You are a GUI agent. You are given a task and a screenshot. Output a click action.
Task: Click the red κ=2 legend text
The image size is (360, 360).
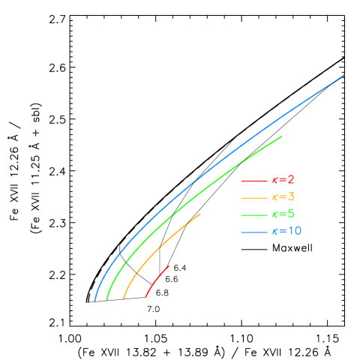(x=283, y=181)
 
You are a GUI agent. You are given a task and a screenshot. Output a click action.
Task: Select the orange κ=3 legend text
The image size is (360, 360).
(x=283, y=198)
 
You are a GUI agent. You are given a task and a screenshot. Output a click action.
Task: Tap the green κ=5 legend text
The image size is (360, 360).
(x=283, y=214)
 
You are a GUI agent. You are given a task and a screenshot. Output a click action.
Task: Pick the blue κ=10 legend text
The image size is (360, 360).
(x=286, y=232)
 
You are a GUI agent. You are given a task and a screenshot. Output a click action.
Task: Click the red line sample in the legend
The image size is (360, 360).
(x=254, y=181)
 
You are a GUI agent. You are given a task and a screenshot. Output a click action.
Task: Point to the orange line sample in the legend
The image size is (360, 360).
(x=254, y=198)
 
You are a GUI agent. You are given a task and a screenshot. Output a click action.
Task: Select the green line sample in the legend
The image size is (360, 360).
(x=254, y=215)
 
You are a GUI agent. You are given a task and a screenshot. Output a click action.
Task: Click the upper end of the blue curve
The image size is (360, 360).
(x=344, y=76)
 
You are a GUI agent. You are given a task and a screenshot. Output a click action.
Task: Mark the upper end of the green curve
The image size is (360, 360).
(x=282, y=136)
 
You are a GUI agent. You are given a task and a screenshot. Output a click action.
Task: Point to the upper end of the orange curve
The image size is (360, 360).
(x=200, y=214)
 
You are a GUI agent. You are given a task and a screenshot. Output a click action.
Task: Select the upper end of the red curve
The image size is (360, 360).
(x=169, y=265)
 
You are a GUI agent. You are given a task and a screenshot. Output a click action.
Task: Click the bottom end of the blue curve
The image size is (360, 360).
(x=95, y=300)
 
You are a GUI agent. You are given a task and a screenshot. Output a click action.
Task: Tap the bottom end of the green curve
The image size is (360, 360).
(x=107, y=299)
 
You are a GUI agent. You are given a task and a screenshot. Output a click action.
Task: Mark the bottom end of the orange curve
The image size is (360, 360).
(x=124, y=298)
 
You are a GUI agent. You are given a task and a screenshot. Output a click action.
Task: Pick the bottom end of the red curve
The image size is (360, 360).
(x=145, y=297)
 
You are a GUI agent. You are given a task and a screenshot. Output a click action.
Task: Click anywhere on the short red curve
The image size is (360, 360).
(x=155, y=279)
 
